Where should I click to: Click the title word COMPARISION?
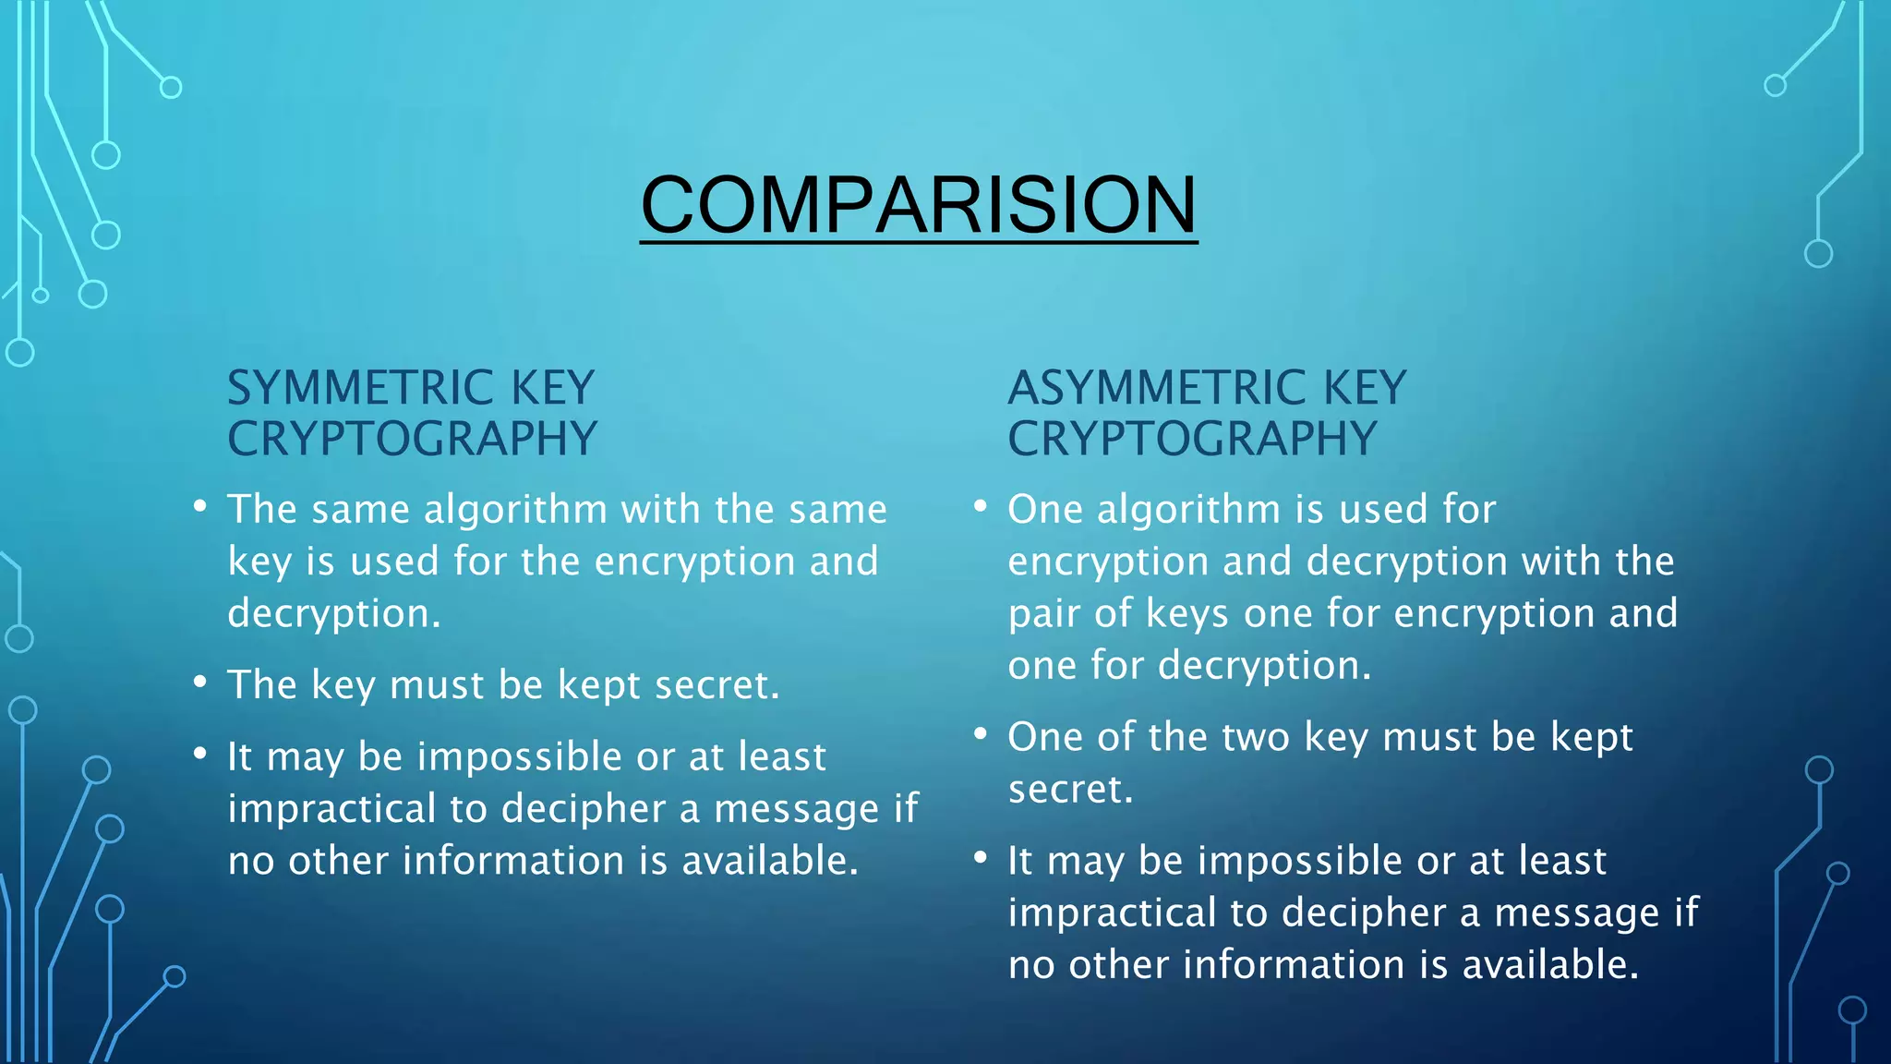(x=919, y=205)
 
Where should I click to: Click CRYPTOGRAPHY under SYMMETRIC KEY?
(x=413, y=439)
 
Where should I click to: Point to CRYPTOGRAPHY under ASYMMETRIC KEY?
(x=1192, y=439)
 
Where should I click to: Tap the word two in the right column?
(x=1256, y=738)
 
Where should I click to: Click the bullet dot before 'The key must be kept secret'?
(x=200, y=683)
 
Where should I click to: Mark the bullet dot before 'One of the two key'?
(x=981, y=735)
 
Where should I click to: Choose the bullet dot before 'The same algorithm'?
(x=200, y=507)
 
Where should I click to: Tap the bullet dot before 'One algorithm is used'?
(x=981, y=507)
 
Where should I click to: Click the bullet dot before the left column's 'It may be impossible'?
(x=200, y=754)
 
